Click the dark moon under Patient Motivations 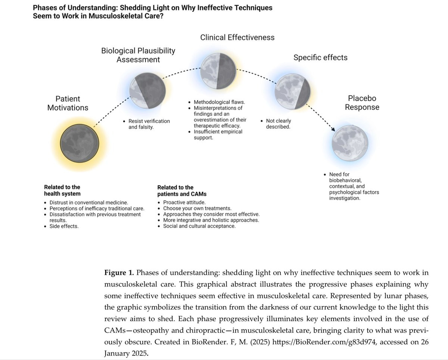click(80, 143)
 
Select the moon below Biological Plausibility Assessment click(147, 91)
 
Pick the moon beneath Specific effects click(292, 91)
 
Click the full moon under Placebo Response click(350, 143)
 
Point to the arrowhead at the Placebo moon click(333, 129)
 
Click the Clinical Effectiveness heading click(237, 37)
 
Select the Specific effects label click(320, 57)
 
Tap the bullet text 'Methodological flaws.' click(219, 102)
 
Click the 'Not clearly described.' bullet click(278, 124)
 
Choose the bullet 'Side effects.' click(64, 226)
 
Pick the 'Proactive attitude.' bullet click(184, 202)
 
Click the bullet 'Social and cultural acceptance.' click(199, 226)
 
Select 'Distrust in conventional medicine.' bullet click(89, 202)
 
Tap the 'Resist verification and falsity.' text click(149, 124)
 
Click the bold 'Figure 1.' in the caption click(117, 273)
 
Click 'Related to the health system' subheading click(62, 190)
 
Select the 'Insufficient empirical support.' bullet click(218, 135)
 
